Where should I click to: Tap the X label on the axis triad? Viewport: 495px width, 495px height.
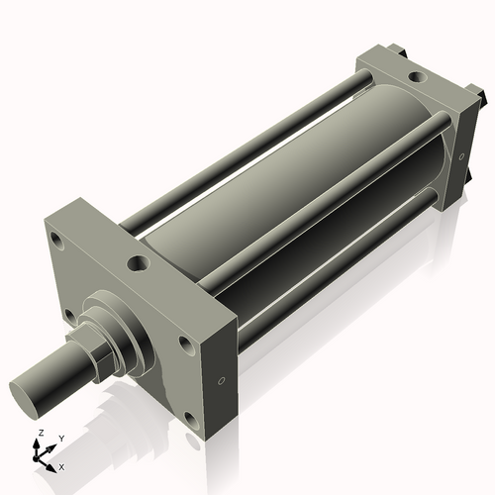tap(62, 465)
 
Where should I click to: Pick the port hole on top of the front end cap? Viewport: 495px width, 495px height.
tap(138, 263)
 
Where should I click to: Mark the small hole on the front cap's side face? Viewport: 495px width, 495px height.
tap(221, 380)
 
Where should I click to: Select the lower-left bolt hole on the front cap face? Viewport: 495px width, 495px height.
tap(68, 316)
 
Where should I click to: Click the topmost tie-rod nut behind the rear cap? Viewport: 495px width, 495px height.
tap(396, 47)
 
